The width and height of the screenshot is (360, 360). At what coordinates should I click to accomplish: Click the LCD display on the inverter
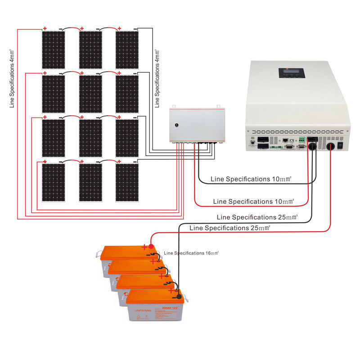(289, 73)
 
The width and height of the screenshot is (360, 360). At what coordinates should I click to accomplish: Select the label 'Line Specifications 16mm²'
(191, 253)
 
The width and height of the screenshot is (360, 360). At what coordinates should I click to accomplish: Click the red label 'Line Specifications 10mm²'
(253, 201)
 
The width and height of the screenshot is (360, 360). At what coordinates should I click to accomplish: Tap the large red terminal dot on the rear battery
(152, 246)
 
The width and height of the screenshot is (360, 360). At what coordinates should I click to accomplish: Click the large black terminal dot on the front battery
(179, 297)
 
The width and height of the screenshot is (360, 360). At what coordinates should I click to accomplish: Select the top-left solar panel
(54, 49)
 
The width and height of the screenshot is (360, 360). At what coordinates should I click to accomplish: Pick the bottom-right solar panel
(127, 182)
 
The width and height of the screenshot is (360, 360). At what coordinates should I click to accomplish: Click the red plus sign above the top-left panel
(45, 28)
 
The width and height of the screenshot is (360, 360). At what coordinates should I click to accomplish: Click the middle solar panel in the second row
(90, 94)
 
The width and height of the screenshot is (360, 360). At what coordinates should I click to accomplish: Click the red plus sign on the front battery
(171, 291)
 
